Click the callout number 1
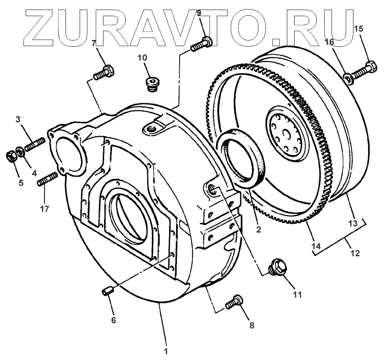166,351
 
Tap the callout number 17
44,209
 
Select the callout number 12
355,253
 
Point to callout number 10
142,58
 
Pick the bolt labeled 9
202,44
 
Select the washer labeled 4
20,151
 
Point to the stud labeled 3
34,145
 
